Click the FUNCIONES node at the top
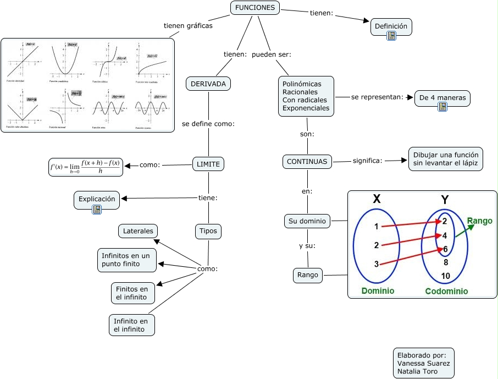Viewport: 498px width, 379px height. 254,8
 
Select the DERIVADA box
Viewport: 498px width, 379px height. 208,84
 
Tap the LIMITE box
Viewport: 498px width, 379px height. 208,164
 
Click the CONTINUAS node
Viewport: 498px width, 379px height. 307,162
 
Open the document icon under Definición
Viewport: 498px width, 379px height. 391,36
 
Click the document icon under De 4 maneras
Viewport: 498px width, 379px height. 442,107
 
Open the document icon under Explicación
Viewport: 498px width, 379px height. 97,210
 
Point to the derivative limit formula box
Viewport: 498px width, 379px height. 85,167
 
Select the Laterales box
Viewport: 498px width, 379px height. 138,231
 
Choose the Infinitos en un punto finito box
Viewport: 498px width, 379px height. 126,260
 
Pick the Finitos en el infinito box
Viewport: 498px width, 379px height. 132,293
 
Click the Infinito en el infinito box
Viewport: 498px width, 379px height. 131,325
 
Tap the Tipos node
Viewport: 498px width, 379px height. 208,232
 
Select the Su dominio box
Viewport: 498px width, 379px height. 307,222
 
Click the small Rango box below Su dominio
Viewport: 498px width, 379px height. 308,275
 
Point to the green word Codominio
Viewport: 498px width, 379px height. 446,292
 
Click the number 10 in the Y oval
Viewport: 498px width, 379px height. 445,276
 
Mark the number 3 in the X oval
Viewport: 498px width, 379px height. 377,264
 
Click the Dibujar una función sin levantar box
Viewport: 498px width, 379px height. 446,158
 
